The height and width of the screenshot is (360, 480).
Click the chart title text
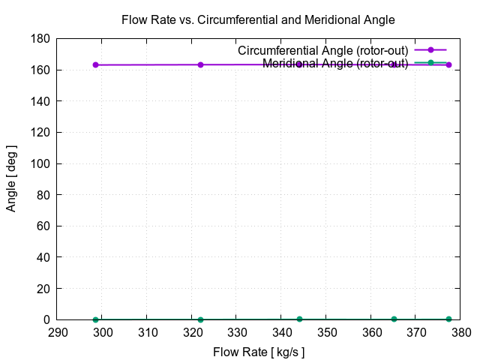click(x=258, y=19)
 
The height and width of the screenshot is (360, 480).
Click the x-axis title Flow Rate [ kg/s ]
click(x=259, y=352)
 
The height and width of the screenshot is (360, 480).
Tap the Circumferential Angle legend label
click(x=322, y=50)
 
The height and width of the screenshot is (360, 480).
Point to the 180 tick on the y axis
click(x=41, y=38)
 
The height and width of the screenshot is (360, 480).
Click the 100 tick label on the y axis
click(x=41, y=163)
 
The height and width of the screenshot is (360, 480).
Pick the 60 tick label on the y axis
click(x=44, y=226)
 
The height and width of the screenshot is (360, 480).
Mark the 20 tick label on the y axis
click(x=44, y=289)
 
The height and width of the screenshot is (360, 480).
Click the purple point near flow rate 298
click(x=95, y=64)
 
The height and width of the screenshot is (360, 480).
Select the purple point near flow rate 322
click(x=200, y=64)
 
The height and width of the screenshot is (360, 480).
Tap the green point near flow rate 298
click(x=95, y=319)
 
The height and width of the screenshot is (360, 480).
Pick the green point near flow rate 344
click(x=299, y=319)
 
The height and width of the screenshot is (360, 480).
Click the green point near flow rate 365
click(x=394, y=319)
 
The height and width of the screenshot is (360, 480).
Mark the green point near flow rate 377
click(x=448, y=319)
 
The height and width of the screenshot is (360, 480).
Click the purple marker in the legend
click(x=430, y=50)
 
